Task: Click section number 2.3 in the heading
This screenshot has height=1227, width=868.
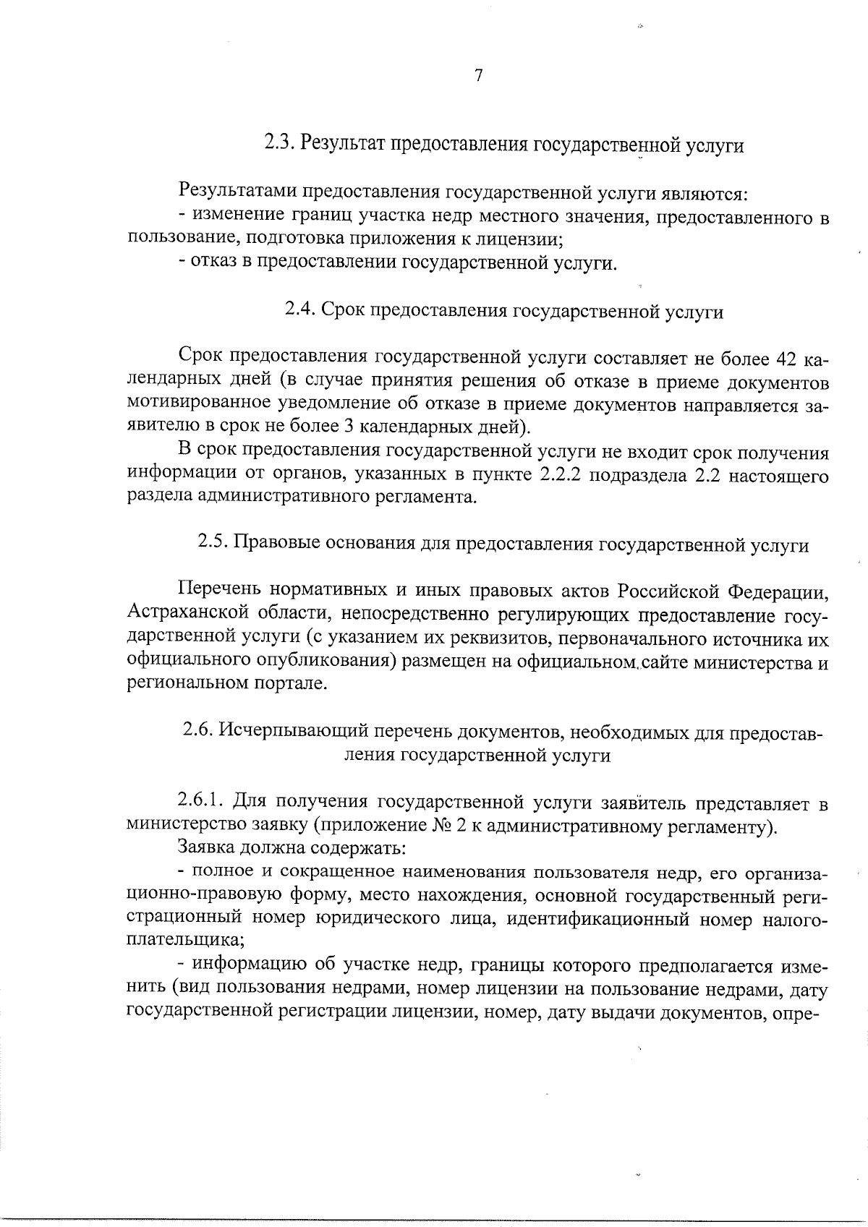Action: click(x=278, y=142)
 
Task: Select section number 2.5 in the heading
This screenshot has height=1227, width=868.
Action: click(x=213, y=544)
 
